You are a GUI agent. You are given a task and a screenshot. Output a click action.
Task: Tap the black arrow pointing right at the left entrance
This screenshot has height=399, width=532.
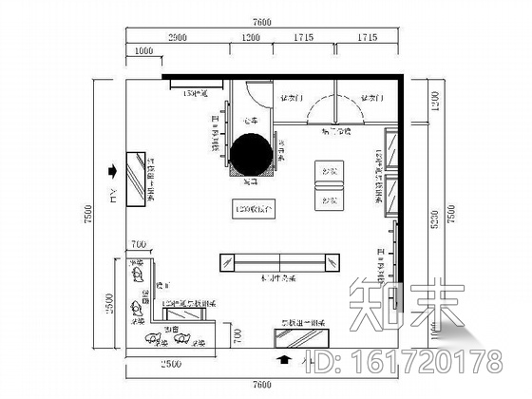[114, 172]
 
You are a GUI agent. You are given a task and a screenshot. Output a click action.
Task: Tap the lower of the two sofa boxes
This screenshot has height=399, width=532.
[328, 199]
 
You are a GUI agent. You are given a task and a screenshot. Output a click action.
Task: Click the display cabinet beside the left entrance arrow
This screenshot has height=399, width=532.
[139, 178]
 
